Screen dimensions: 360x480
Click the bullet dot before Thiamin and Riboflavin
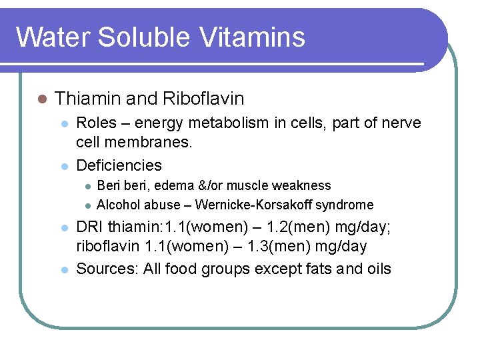tap(42, 99)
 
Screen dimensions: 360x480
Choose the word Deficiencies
tap(119, 165)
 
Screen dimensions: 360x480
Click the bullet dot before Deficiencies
tap(64, 165)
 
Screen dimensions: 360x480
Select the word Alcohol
tap(117, 205)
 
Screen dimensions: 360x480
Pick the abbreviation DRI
tap(90, 227)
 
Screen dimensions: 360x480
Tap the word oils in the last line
tap(379, 269)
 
